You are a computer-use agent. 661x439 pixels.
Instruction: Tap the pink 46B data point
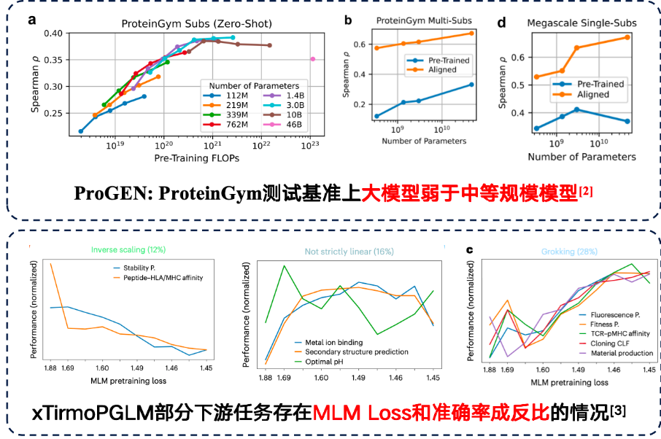(x=312, y=59)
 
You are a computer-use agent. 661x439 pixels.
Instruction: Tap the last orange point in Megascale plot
(x=627, y=37)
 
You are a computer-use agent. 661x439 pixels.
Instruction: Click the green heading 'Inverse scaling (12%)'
(x=125, y=251)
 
